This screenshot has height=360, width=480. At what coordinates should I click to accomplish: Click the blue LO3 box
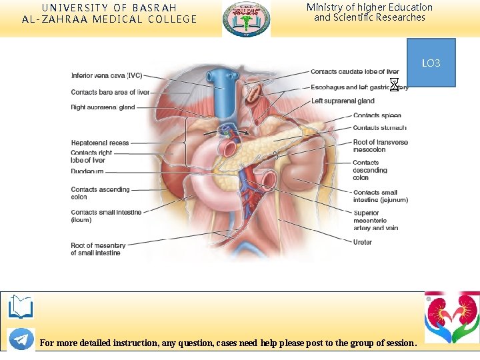[431, 63]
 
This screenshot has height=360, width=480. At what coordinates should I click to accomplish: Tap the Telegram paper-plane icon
[21, 339]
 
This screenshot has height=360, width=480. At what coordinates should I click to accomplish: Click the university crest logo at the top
[247, 19]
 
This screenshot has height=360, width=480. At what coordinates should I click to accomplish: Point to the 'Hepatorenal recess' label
[100, 143]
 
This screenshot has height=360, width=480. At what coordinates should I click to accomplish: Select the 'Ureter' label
[363, 242]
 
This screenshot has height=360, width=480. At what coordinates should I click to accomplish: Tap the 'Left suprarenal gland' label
[343, 101]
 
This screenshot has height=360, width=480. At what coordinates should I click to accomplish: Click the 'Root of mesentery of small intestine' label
[98, 249]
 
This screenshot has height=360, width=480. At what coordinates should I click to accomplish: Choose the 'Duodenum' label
[87, 171]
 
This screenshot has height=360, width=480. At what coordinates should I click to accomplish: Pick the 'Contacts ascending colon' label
[100, 193]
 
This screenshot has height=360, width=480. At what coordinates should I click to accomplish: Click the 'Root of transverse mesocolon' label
[380, 146]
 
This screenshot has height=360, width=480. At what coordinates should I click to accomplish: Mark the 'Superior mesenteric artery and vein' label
[375, 220]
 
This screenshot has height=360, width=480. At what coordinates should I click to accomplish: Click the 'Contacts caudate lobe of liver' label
[355, 72]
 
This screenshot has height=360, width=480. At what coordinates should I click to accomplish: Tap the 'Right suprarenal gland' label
[103, 107]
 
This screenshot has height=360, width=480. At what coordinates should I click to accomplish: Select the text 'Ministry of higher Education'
[369, 7]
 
